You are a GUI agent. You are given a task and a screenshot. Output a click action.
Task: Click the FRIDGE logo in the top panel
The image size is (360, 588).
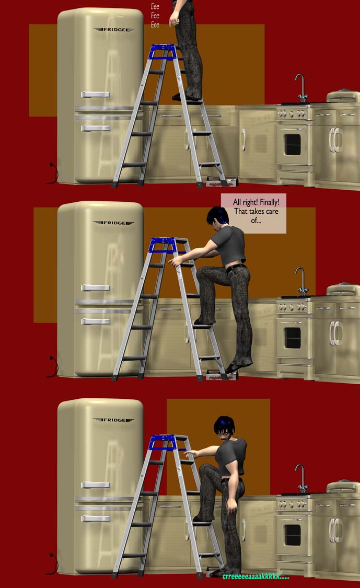113,29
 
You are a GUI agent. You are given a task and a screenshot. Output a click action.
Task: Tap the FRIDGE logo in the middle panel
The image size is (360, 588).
113,223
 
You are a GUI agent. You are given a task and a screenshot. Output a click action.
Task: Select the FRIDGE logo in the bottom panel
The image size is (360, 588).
113,420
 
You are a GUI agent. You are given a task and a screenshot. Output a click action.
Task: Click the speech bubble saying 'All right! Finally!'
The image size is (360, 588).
253,213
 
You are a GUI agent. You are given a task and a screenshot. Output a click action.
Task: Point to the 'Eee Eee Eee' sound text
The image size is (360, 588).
155,16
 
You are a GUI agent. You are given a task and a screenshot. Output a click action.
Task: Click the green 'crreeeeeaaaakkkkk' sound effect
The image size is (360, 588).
256,577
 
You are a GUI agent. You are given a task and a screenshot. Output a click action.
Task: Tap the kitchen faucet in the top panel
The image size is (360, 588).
301,88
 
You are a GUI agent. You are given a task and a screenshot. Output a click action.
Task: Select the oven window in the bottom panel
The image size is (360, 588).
293,535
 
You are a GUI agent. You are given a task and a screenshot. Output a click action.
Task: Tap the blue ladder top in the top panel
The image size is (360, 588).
163,52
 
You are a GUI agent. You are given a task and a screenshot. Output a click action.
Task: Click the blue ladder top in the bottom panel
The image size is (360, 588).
163,443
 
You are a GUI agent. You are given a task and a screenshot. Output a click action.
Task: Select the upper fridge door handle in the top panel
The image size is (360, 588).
96,94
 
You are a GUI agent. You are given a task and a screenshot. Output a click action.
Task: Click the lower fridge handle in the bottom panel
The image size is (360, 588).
96,518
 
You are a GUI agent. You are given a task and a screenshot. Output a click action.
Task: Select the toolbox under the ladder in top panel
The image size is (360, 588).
222,182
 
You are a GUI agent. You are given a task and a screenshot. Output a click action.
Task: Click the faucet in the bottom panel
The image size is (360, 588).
301,479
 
